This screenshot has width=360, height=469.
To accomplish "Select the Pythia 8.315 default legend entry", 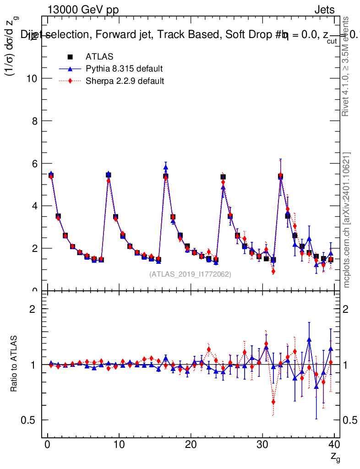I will point(124,69).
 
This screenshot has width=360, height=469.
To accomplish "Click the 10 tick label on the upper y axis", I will point(33,78).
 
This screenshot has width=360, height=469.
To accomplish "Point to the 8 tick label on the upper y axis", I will point(35,121).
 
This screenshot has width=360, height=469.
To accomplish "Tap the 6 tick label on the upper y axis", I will point(35,164).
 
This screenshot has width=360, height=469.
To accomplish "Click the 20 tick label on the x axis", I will point(191,445).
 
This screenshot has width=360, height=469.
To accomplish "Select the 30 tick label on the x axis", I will point(262,445).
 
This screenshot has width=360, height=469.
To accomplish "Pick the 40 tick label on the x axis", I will point(334,445).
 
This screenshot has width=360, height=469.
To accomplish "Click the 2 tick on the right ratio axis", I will point(353,309).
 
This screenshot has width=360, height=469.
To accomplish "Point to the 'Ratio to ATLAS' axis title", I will point(14,364).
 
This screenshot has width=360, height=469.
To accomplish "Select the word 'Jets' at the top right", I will point(324,10).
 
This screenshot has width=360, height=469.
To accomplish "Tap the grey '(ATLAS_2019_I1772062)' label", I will point(190,274).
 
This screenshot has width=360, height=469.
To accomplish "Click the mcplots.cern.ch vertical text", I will point(347,220).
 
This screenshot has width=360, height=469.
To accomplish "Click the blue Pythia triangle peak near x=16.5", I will point(166,167).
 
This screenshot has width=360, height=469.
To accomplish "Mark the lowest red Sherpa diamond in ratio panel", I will point(273,402).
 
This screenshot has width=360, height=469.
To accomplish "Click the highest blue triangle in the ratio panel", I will point(309,339).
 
